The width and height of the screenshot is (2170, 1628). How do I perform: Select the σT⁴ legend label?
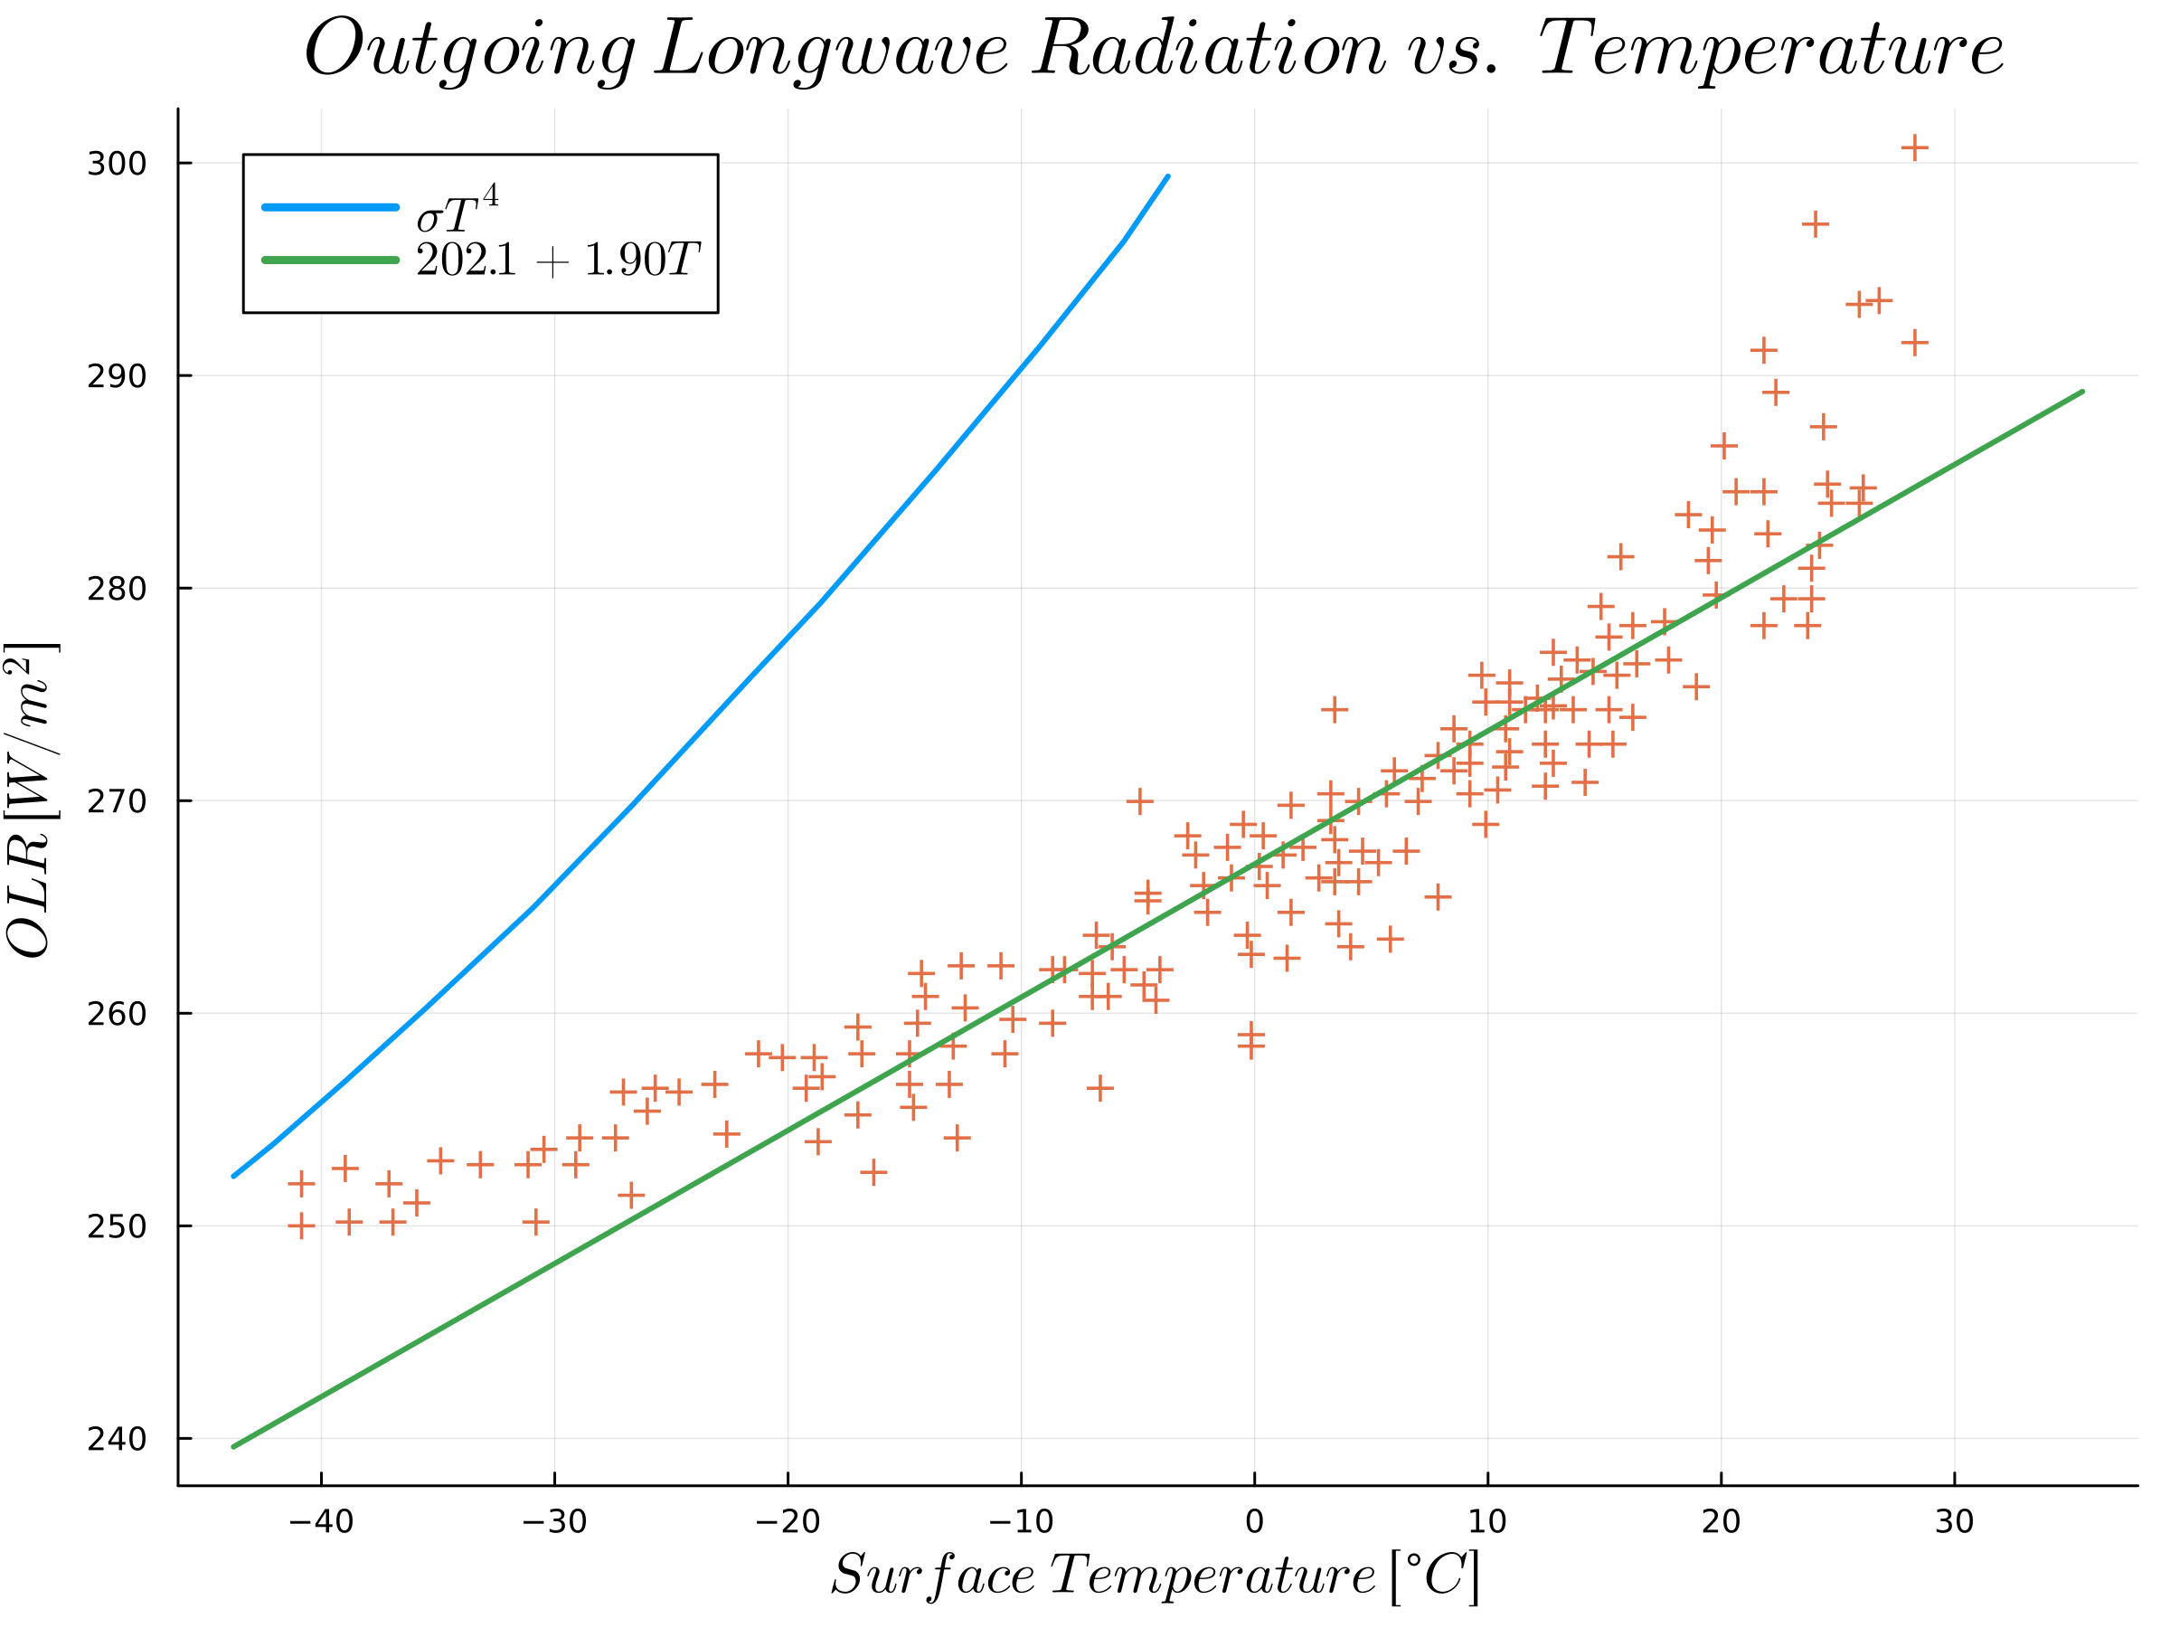tap(458, 210)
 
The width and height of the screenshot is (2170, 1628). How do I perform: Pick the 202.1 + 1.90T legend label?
tap(557, 261)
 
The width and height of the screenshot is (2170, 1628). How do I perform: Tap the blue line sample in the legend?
tap(331, 208)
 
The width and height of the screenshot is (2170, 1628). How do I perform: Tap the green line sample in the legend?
tap(331, 260)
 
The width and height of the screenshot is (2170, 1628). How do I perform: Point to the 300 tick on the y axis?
tap(117, 164)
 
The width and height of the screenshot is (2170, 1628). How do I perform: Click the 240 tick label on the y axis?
tap(117, 1440)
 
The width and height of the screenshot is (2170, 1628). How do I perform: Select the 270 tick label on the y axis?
tap(117, 801)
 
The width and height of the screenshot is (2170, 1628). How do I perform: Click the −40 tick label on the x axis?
tap(321, 1522)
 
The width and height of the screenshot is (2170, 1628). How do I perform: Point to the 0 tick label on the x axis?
tap(1254, 1522)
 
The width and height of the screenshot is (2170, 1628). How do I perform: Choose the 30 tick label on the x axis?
tap(1954, 1522)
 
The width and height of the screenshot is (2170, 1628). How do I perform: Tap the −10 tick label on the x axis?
tap(1020, 1522)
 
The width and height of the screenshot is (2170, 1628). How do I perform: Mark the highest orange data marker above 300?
tap(1914, 148)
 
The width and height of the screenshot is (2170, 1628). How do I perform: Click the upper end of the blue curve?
tap(1167, 176)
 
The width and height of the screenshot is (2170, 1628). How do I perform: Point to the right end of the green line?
tap(2081, 392)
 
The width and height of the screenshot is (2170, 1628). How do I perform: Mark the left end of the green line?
tap(233, 1446)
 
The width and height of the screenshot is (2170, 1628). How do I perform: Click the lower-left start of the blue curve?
tap(233, 1176)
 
